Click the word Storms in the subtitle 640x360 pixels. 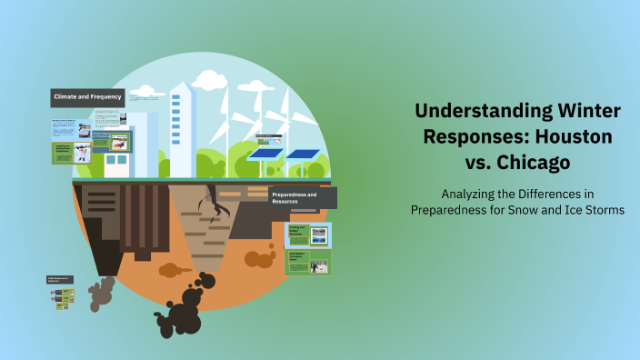605,210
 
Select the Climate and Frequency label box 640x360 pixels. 87,96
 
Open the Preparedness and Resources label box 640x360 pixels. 302,197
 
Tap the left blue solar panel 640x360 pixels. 267,154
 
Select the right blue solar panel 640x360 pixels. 303,154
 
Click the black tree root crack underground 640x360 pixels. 214,205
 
